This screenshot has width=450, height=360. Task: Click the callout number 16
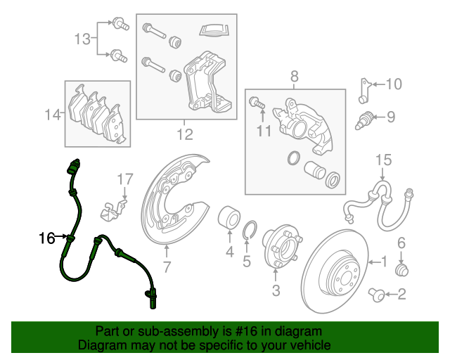(x=46, y=239)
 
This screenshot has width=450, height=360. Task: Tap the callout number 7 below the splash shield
(x=167, y=267)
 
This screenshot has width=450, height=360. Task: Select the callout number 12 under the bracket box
(x=184, y=134)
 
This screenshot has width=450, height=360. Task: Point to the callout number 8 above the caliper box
(x=295, y=76)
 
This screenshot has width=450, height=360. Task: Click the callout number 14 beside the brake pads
(x=52, y=115)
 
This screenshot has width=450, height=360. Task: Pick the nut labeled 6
(x=402, y=269)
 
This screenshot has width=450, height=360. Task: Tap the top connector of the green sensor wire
(x=72, y=169)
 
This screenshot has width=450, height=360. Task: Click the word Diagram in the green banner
(x=103, y=345)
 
